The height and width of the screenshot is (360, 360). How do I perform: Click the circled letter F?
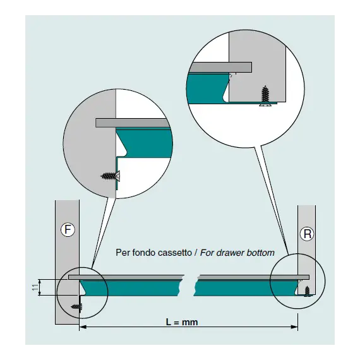click(68, 229)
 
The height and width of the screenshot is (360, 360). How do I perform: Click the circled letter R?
click(307, 234)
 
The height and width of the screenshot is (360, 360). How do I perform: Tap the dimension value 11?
click(35, 287)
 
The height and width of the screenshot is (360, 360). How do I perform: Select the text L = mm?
click(182, 322)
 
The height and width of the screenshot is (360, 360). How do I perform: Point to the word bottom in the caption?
click(261, 253)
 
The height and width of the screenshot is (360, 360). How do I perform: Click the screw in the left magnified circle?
click(111, 176)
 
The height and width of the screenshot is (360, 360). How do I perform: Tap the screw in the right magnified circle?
click(266, 96)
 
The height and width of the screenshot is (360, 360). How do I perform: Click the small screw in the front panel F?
click(76, 306)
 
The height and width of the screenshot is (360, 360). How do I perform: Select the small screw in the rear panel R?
click(307, 292)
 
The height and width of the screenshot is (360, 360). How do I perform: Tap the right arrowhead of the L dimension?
click(294, 327)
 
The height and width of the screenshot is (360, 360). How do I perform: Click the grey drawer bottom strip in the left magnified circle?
click(133, 123)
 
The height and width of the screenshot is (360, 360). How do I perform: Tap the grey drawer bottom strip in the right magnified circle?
click(220, 67)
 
